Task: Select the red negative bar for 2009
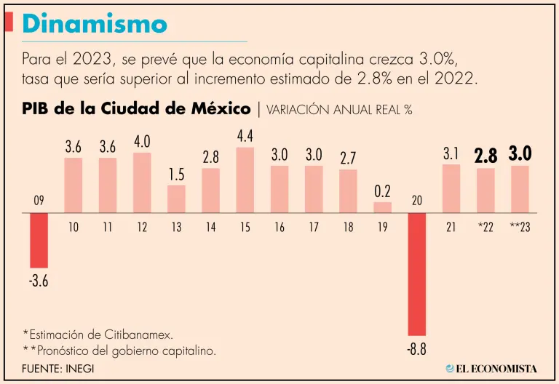pyautogui.click(x=39, y=241)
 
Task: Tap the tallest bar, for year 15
pyautogui.click(x=245, y=180)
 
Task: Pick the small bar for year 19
pyautogui.click(x=383, y=207)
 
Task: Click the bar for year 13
pyautogui.click(x=176, y=199)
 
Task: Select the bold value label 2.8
pyautogui.click(x=485, y=156)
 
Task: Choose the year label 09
pyautogui.click(x=38, y=200)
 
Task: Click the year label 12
pyautogui.click(x=142, y=227)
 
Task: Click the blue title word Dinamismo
pyautogui.click(x=95, y=24)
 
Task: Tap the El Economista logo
pyautogui.click(x=492, y=368)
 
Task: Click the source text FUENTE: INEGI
pyautogui.click(x=58, y=368)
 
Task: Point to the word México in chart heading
pyautogui.click(x=224, y=109)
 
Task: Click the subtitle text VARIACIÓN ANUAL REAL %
pyautogui.click(x=340, y=110)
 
